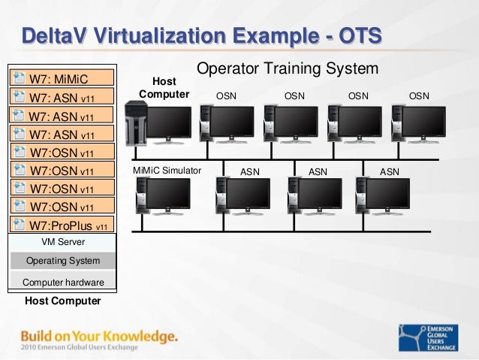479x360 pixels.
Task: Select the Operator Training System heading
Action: tap(287, 69)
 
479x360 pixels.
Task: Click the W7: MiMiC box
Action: tap(62, 77)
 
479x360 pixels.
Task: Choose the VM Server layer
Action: tap(62, 242)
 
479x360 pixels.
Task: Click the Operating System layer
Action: tap(62, 261)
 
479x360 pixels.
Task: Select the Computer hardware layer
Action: tap(62, 283)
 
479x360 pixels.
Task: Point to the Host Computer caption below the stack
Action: tap(62, 301)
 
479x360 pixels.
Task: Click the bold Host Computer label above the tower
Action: tap(164, 87)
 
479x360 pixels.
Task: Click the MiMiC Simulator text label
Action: tap(167, 171)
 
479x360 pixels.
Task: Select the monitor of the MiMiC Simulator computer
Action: tap(167, 194)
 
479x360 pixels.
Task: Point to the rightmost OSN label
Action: tap(419, 95)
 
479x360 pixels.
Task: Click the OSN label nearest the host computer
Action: tap(226, 95)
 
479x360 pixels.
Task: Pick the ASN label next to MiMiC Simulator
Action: tap(249, 171)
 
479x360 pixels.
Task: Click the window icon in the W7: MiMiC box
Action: tap(19, 77)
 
